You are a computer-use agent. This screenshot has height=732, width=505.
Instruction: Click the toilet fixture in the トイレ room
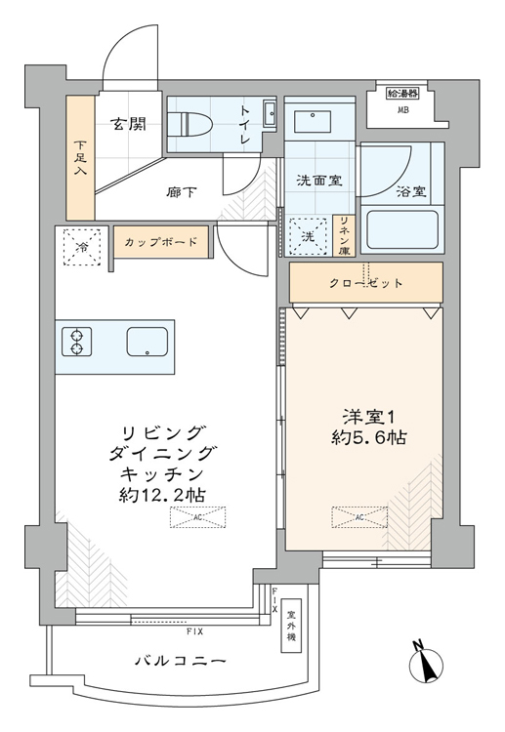[190, 124]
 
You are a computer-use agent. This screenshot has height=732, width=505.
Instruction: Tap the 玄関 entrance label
[128, 124]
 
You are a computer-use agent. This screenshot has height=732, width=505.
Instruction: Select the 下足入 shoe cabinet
[80, 158]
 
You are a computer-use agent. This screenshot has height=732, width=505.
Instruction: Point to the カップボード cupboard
[161, 242]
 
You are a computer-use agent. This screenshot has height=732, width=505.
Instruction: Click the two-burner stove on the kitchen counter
[76, 343]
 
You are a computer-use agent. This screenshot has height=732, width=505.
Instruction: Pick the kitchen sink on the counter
[147, 342]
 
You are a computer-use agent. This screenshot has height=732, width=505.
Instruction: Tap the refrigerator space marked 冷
[82, 247]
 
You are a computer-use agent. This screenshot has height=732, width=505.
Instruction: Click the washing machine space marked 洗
[308, 237]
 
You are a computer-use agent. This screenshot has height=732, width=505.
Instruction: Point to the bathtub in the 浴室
[402, 230]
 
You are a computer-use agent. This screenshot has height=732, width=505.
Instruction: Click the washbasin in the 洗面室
[313, 121]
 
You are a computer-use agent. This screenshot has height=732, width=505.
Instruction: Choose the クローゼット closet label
[365, 283]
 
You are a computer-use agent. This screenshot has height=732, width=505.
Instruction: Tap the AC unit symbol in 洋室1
[359, 517]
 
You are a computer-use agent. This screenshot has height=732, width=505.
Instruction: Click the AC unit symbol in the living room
[197, 517]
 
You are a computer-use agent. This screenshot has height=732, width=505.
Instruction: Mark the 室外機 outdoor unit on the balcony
[291, 626]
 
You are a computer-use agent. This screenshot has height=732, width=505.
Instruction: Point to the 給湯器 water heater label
[401, 94]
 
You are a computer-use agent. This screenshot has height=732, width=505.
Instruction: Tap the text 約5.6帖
[369, 437]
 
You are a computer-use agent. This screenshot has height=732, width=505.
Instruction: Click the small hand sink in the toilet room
[270, 112]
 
